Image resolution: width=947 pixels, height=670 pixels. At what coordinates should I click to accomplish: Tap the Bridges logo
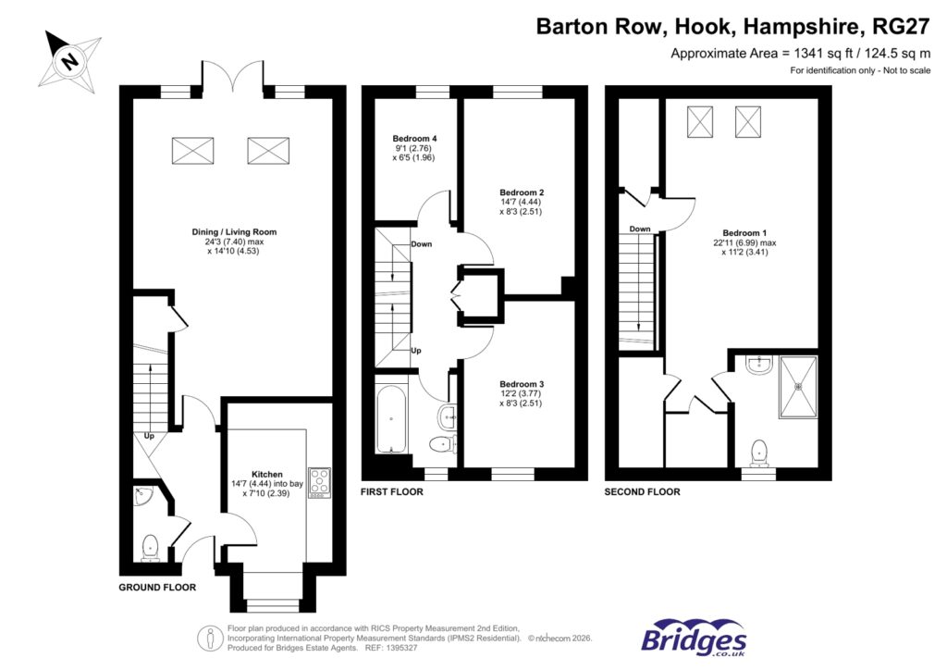(x=694, y=638)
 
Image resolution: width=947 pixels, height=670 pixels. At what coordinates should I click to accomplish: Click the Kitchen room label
(x=266, y=474)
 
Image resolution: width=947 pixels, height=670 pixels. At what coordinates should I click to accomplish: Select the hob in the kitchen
(x=320, y=481)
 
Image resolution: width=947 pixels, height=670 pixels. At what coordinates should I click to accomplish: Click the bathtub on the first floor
(x=388, y=418)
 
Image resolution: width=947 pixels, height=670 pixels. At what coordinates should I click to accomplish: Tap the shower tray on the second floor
(x=797, y=386)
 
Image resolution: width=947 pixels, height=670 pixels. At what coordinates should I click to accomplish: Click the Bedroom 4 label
(x=414, y=139)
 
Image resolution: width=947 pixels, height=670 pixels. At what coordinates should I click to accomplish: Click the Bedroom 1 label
(x=744, y=232)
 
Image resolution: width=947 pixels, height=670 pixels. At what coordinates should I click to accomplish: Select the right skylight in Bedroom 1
(x=749, y=120)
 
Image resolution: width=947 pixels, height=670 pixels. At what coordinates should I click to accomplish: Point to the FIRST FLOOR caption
(x=392, y=492)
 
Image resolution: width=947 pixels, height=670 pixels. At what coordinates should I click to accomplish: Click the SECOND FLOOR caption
(x=642, y=492)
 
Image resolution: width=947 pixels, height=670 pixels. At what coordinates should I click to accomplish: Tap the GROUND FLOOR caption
(x=157, y=588)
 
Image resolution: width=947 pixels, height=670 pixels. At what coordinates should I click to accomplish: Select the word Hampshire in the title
(x=793, y=26)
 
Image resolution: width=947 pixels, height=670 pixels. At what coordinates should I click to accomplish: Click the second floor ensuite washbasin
(x=758, y=366)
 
